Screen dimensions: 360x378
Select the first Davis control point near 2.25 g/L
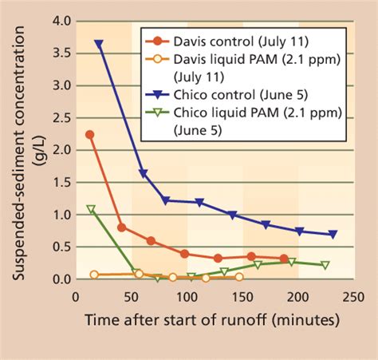pos(89,134)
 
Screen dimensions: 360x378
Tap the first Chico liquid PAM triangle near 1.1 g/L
pos(91,209)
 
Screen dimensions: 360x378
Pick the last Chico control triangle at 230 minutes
pos(333,235)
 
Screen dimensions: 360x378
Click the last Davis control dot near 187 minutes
pos(284,259)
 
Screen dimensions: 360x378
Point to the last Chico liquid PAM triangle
pos(325,265)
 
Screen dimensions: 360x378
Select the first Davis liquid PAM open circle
pos(94,275)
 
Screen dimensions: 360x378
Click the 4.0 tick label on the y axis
pos(53,20)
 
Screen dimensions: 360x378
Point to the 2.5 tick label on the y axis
pos(53,117)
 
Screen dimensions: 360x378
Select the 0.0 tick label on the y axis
pos(53,279)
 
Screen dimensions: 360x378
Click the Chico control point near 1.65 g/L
pos(144,173)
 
